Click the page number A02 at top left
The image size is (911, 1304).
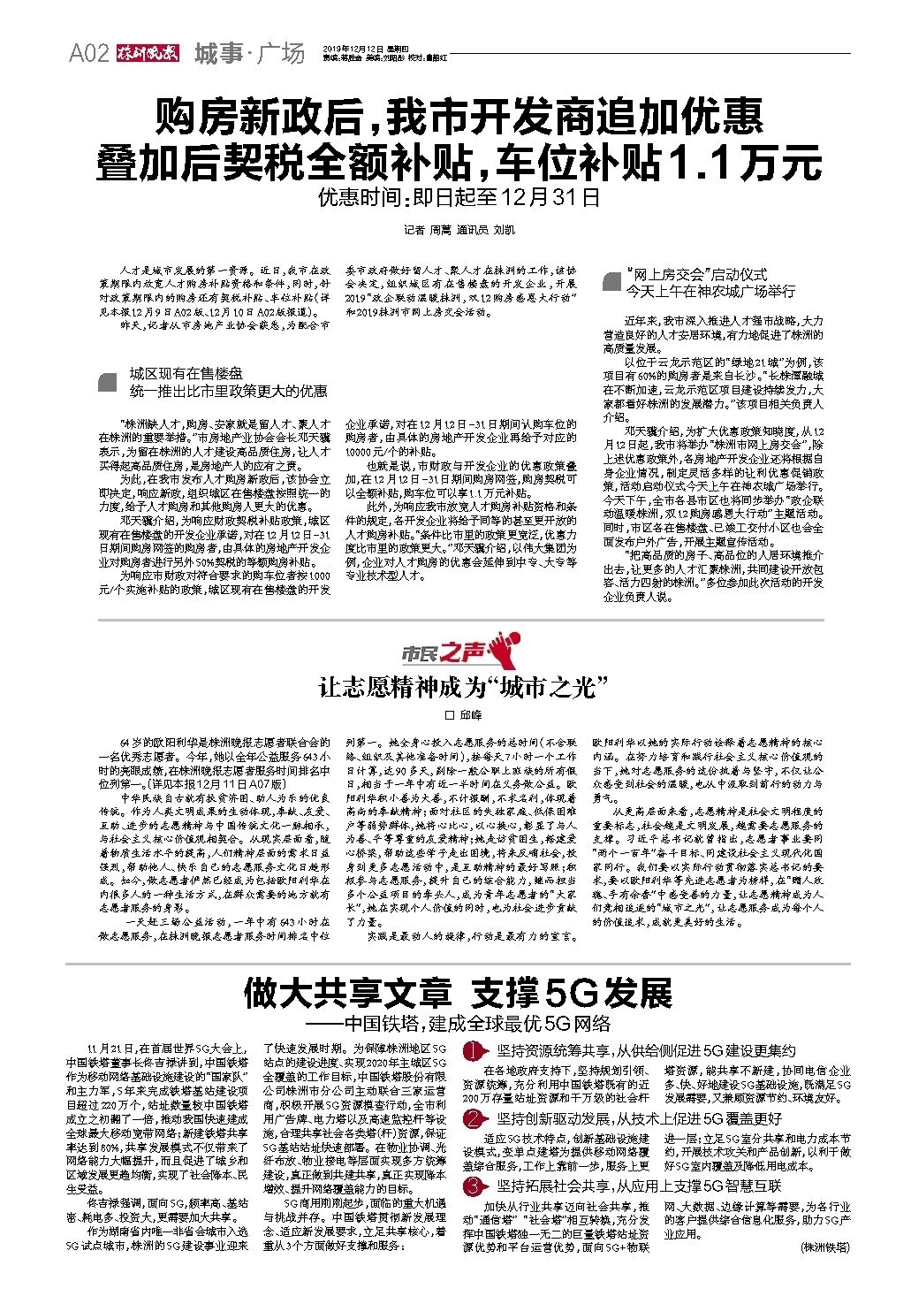tap(88, 54)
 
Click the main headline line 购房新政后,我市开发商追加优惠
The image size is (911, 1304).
tap(459, 118)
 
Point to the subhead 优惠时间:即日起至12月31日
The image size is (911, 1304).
tap(459, 197)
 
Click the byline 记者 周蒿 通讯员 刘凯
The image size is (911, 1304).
tap(459, 231)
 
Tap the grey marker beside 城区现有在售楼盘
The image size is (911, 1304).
tap(108, 382)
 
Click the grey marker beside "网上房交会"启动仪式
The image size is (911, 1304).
tap(611, 282)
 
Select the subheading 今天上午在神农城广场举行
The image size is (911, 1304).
tap(710, 291)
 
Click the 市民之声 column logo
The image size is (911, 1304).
tap(458, 652)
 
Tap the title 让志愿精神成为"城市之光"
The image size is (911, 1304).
tap(465, 688)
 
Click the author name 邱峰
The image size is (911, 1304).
tap(465, 715)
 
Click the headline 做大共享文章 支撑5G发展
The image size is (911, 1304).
tap(458, 995)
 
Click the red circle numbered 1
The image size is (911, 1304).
tap(477, 1051)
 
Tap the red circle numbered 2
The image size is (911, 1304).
tap(477, 1118)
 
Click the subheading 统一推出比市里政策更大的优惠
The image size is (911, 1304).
tap(228, 391)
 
